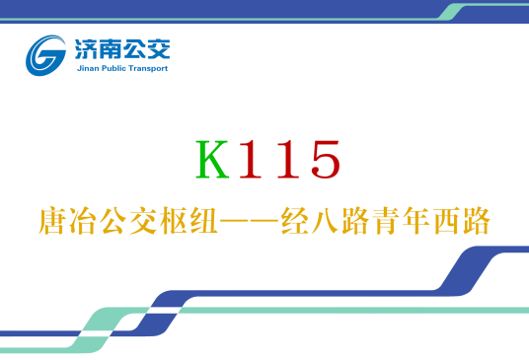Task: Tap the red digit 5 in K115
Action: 323,161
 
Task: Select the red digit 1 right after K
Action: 252,161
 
